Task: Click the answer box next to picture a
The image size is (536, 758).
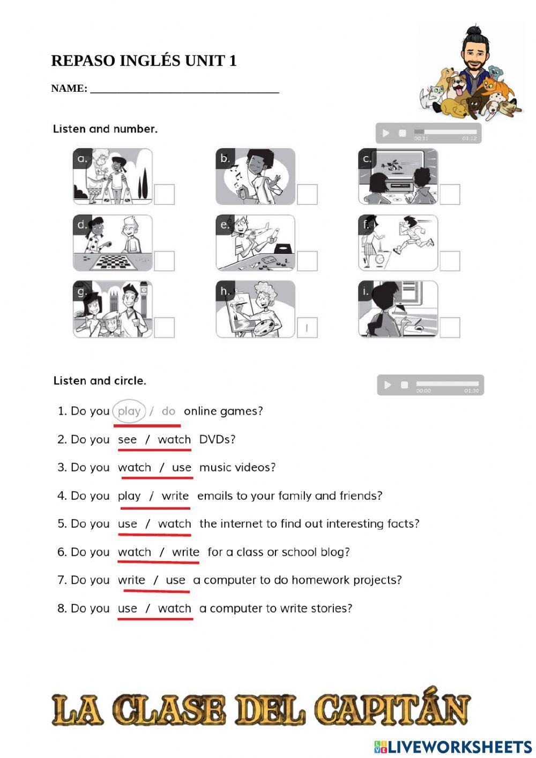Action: pos(165,194)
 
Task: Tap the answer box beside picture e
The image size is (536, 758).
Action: pos(307,261)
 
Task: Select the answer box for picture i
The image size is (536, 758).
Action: pos(450,327)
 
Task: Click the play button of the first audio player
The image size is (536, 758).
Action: pos(386,133)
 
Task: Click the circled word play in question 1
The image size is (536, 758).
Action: pos(129,411)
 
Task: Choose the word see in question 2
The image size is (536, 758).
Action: pos(128,439)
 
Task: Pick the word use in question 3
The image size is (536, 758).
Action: pos(182,468)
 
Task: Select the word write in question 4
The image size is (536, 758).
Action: pos(175,496)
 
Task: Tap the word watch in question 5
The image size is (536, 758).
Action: pos(175,524)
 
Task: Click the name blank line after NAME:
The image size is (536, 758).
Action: pos(184,89)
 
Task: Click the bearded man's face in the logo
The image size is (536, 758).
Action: pos(473,54)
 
